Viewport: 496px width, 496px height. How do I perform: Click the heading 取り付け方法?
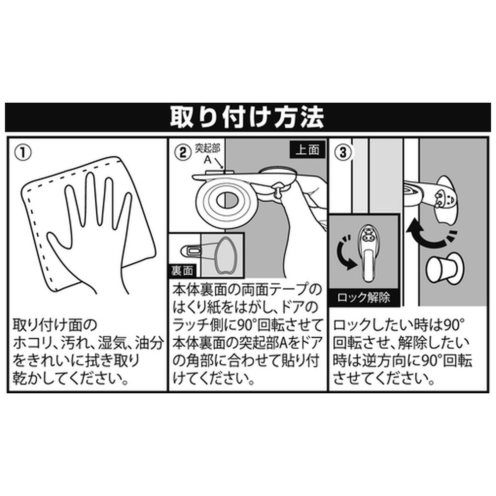pyautogui.click(x=247, y=117)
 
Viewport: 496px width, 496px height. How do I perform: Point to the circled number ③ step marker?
pyautogui.click(x=343, y=153)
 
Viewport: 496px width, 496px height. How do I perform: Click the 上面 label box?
pyautogui.click(x=308, y=150)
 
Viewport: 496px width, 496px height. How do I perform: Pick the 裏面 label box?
pyautogui.click(x=182, y=271)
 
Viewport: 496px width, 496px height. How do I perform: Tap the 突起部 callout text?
pyautogui.click(x=208, y=148)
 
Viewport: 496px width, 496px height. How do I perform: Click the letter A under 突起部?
pyautogui.click(x=207, y=160)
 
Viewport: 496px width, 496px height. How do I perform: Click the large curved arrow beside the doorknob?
pyautogui.click(x=428, y=235)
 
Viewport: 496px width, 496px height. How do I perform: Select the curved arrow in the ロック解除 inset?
pyautogui.click(x=345, y=252)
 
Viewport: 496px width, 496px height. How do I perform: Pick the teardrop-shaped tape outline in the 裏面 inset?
pyautogui.click(x=226, y=254)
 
